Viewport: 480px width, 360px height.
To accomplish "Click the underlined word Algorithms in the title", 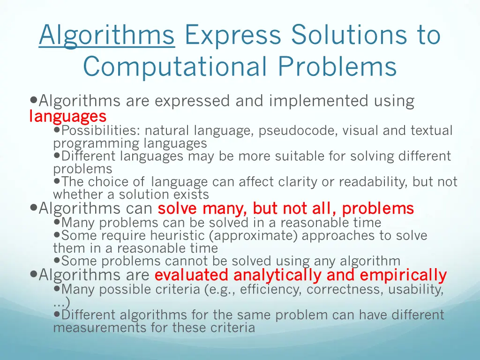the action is click(106, 36).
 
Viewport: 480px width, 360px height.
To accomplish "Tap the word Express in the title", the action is click(234, 36).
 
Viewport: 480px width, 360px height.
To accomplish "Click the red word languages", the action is click(67, 116).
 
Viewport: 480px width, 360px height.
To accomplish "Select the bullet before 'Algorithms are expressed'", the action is click(33, 100).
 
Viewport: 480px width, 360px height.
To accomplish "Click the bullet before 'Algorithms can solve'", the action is click(33, 208).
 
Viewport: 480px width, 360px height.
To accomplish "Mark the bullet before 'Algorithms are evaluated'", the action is click(33, 274).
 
